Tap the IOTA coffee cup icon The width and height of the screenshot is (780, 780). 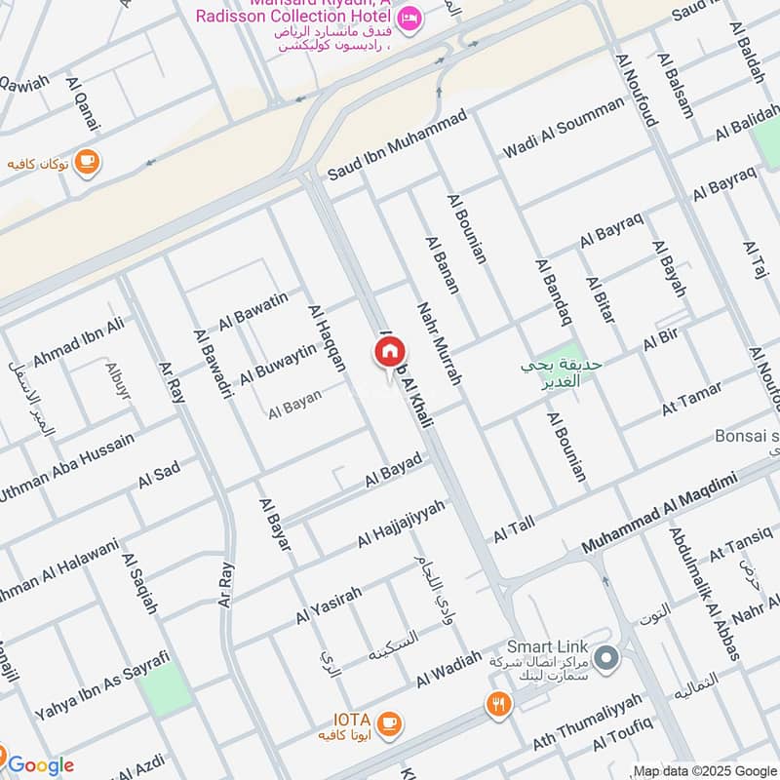pyautogui.click(x=389, y=722)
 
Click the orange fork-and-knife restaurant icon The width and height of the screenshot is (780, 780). pyautogui.click(x=499, y=704)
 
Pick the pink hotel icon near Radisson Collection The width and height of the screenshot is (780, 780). pyautogui.click(x=410, y=17)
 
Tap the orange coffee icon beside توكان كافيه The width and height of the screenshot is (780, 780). pyautogui.click(x=87, y=162)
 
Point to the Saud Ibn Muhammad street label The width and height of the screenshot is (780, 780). pyautogui.click(x=397, y=145)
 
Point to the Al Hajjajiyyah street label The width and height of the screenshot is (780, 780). pyautogui.click(x=400, y=524)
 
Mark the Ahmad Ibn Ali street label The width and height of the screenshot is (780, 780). pyautogui.click(x=79, y=342)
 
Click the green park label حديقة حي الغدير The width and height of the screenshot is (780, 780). pyautogui.click(x=562, y=372)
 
